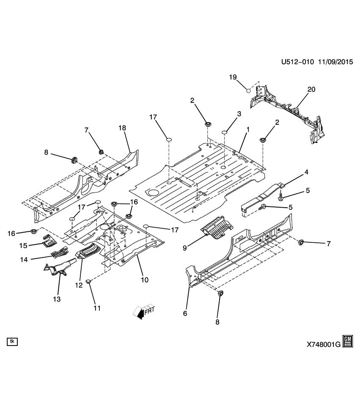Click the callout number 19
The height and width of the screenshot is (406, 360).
232,77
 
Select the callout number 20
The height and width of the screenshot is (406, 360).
311,89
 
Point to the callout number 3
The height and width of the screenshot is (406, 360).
239,114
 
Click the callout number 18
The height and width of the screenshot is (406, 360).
123,128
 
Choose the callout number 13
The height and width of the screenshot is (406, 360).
56,299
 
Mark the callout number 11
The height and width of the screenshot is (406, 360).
97,308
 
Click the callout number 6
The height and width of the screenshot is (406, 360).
184,313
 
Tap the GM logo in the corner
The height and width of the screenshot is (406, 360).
348,341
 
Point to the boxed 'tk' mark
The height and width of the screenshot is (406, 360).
12,341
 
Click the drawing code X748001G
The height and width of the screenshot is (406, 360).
323,345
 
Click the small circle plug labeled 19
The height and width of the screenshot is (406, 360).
249,90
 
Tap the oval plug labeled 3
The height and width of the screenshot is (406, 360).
225,133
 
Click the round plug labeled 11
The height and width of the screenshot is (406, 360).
88,281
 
